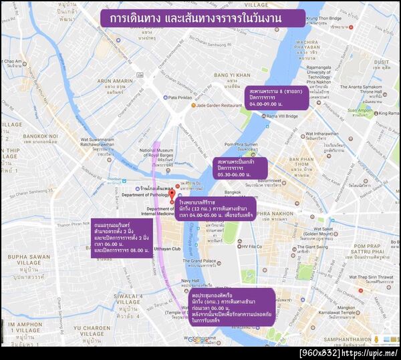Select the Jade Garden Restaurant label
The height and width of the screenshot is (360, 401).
point(214,106)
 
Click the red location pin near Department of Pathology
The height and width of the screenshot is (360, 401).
point(171,195)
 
